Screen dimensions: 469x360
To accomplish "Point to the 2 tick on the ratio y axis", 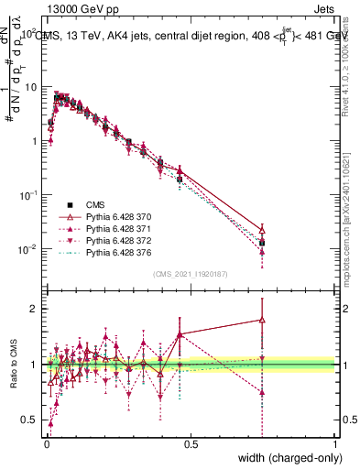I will coord(35,308).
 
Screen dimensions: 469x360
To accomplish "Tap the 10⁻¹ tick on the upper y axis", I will coord(27,195).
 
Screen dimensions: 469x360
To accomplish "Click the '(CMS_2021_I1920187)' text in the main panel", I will coord(190,274).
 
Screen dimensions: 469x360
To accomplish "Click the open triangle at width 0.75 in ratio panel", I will coord(263,320).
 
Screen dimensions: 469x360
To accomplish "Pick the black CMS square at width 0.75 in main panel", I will coord(263,243).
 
